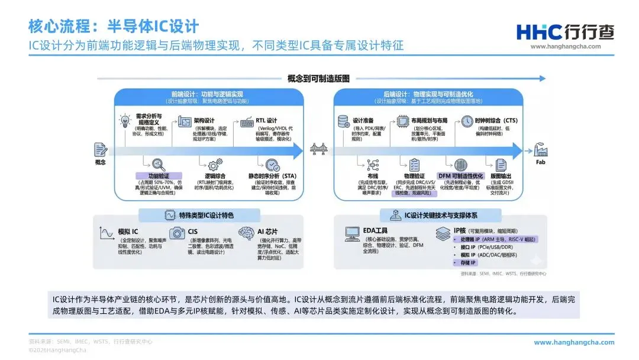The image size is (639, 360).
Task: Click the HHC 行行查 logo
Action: point(565,31)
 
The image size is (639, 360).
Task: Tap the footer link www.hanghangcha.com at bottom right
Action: point(574,342)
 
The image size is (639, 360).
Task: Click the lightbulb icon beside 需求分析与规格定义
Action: point(125,121)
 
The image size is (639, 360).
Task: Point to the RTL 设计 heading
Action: point(266,121)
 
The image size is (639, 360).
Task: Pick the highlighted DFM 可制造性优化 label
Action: point(460,176)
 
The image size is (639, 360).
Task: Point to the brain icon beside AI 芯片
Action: point(246,233)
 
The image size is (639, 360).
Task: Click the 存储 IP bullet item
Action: point(466,262)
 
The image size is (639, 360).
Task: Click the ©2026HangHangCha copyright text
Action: point(57,350)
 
